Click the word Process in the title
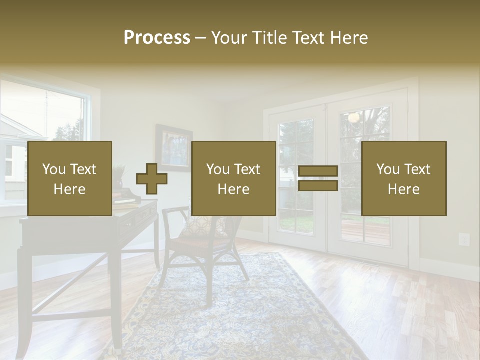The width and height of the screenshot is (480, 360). [x=157, y=38]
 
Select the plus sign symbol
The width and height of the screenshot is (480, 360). [x=152, y=179]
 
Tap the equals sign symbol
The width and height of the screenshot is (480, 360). [x=318, y=179]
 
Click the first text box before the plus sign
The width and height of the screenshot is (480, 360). [x=70, y=178]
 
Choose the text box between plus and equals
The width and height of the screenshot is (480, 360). [x=233, y=178]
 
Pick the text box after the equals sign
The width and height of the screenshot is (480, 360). [x=403, y=178]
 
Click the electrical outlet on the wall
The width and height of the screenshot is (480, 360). [x=464, y=239]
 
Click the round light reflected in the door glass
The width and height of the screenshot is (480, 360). [x=354, y=117]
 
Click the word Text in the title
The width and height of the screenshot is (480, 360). [x=308, y=38]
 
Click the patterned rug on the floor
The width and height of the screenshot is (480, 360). [x=240, y=310]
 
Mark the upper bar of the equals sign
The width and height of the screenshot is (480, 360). [x=318, y=171]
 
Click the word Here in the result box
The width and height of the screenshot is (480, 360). [x=403, y=189]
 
